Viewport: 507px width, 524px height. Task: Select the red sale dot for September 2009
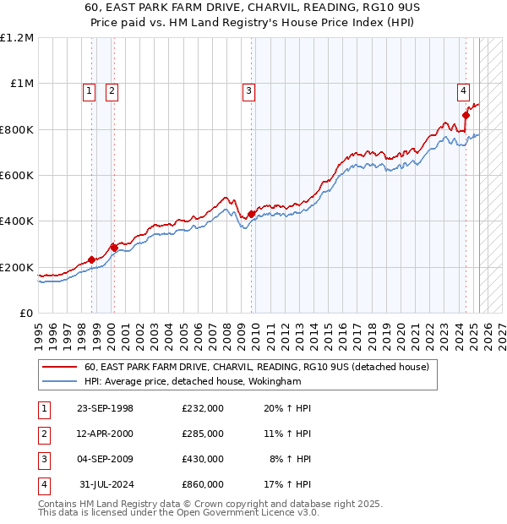coord(251,215)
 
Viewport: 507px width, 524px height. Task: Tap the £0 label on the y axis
coord(26,313)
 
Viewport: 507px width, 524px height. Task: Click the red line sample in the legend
coord(61,367)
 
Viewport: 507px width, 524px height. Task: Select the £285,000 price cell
coord(202,434)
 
